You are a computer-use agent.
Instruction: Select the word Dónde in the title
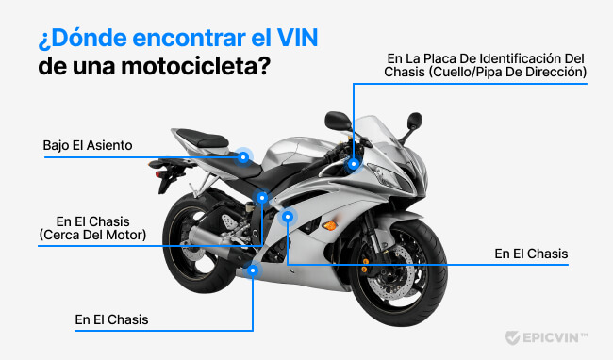point(88,41)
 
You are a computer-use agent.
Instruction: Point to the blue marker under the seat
point(243,157)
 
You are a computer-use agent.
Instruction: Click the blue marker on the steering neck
point(354,163)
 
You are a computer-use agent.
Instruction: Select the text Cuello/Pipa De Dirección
point(510,73)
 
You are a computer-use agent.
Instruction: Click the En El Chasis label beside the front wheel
point(531,254)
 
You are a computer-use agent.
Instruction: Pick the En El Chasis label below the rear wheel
point(111,319)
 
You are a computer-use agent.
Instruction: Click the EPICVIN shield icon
point(513,336)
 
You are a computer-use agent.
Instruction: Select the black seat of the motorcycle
point(203,139)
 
